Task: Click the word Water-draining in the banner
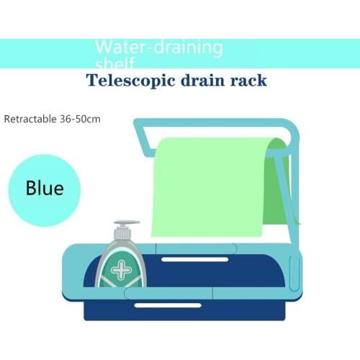click(159, 48)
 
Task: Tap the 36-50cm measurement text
click(78, 117)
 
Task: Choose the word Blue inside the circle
click(45, 189)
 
